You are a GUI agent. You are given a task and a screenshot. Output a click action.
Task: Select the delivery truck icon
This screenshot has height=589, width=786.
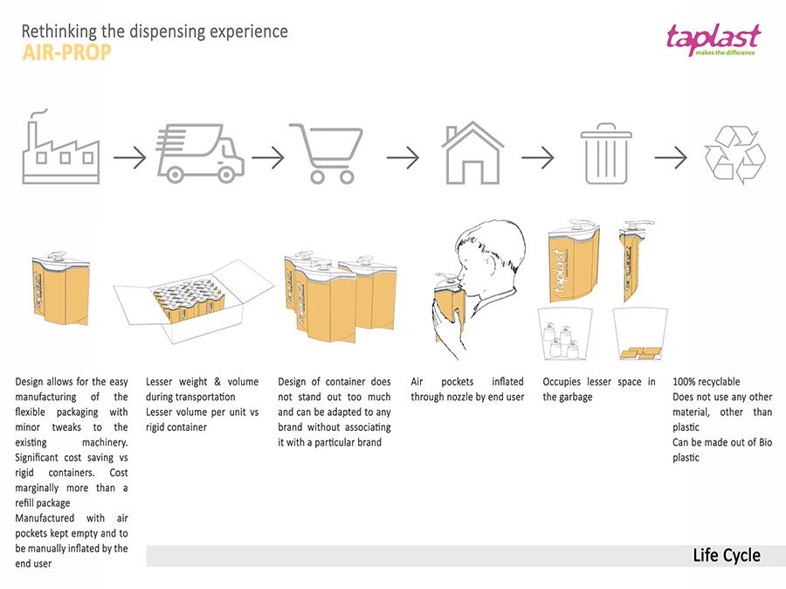pos(200,150)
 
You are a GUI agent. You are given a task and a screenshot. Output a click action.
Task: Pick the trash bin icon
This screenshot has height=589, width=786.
pos(606,153)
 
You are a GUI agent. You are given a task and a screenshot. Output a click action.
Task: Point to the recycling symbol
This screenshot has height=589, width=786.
pos(734,155)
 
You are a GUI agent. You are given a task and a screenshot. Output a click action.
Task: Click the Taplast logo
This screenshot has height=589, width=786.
pos(714,39)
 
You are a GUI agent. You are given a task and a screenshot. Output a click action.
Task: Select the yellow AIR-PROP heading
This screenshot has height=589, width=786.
pos(66,53)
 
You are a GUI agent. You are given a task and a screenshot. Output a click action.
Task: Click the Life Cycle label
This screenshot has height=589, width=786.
pos(726,556)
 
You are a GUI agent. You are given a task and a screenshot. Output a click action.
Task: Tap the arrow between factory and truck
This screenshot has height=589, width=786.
pos(129,158)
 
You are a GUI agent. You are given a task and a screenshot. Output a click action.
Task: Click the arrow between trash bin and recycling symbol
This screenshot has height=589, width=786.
pos(671,158)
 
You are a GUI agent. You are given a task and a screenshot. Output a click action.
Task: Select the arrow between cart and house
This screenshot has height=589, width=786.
pos(403,158)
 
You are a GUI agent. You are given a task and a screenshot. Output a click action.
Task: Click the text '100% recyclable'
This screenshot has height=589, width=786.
pos(706,382)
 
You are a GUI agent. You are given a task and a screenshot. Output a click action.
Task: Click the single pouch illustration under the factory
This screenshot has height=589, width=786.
pos(59,288)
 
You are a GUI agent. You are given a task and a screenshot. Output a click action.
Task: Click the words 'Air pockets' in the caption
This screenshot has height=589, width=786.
pos(445,382)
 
